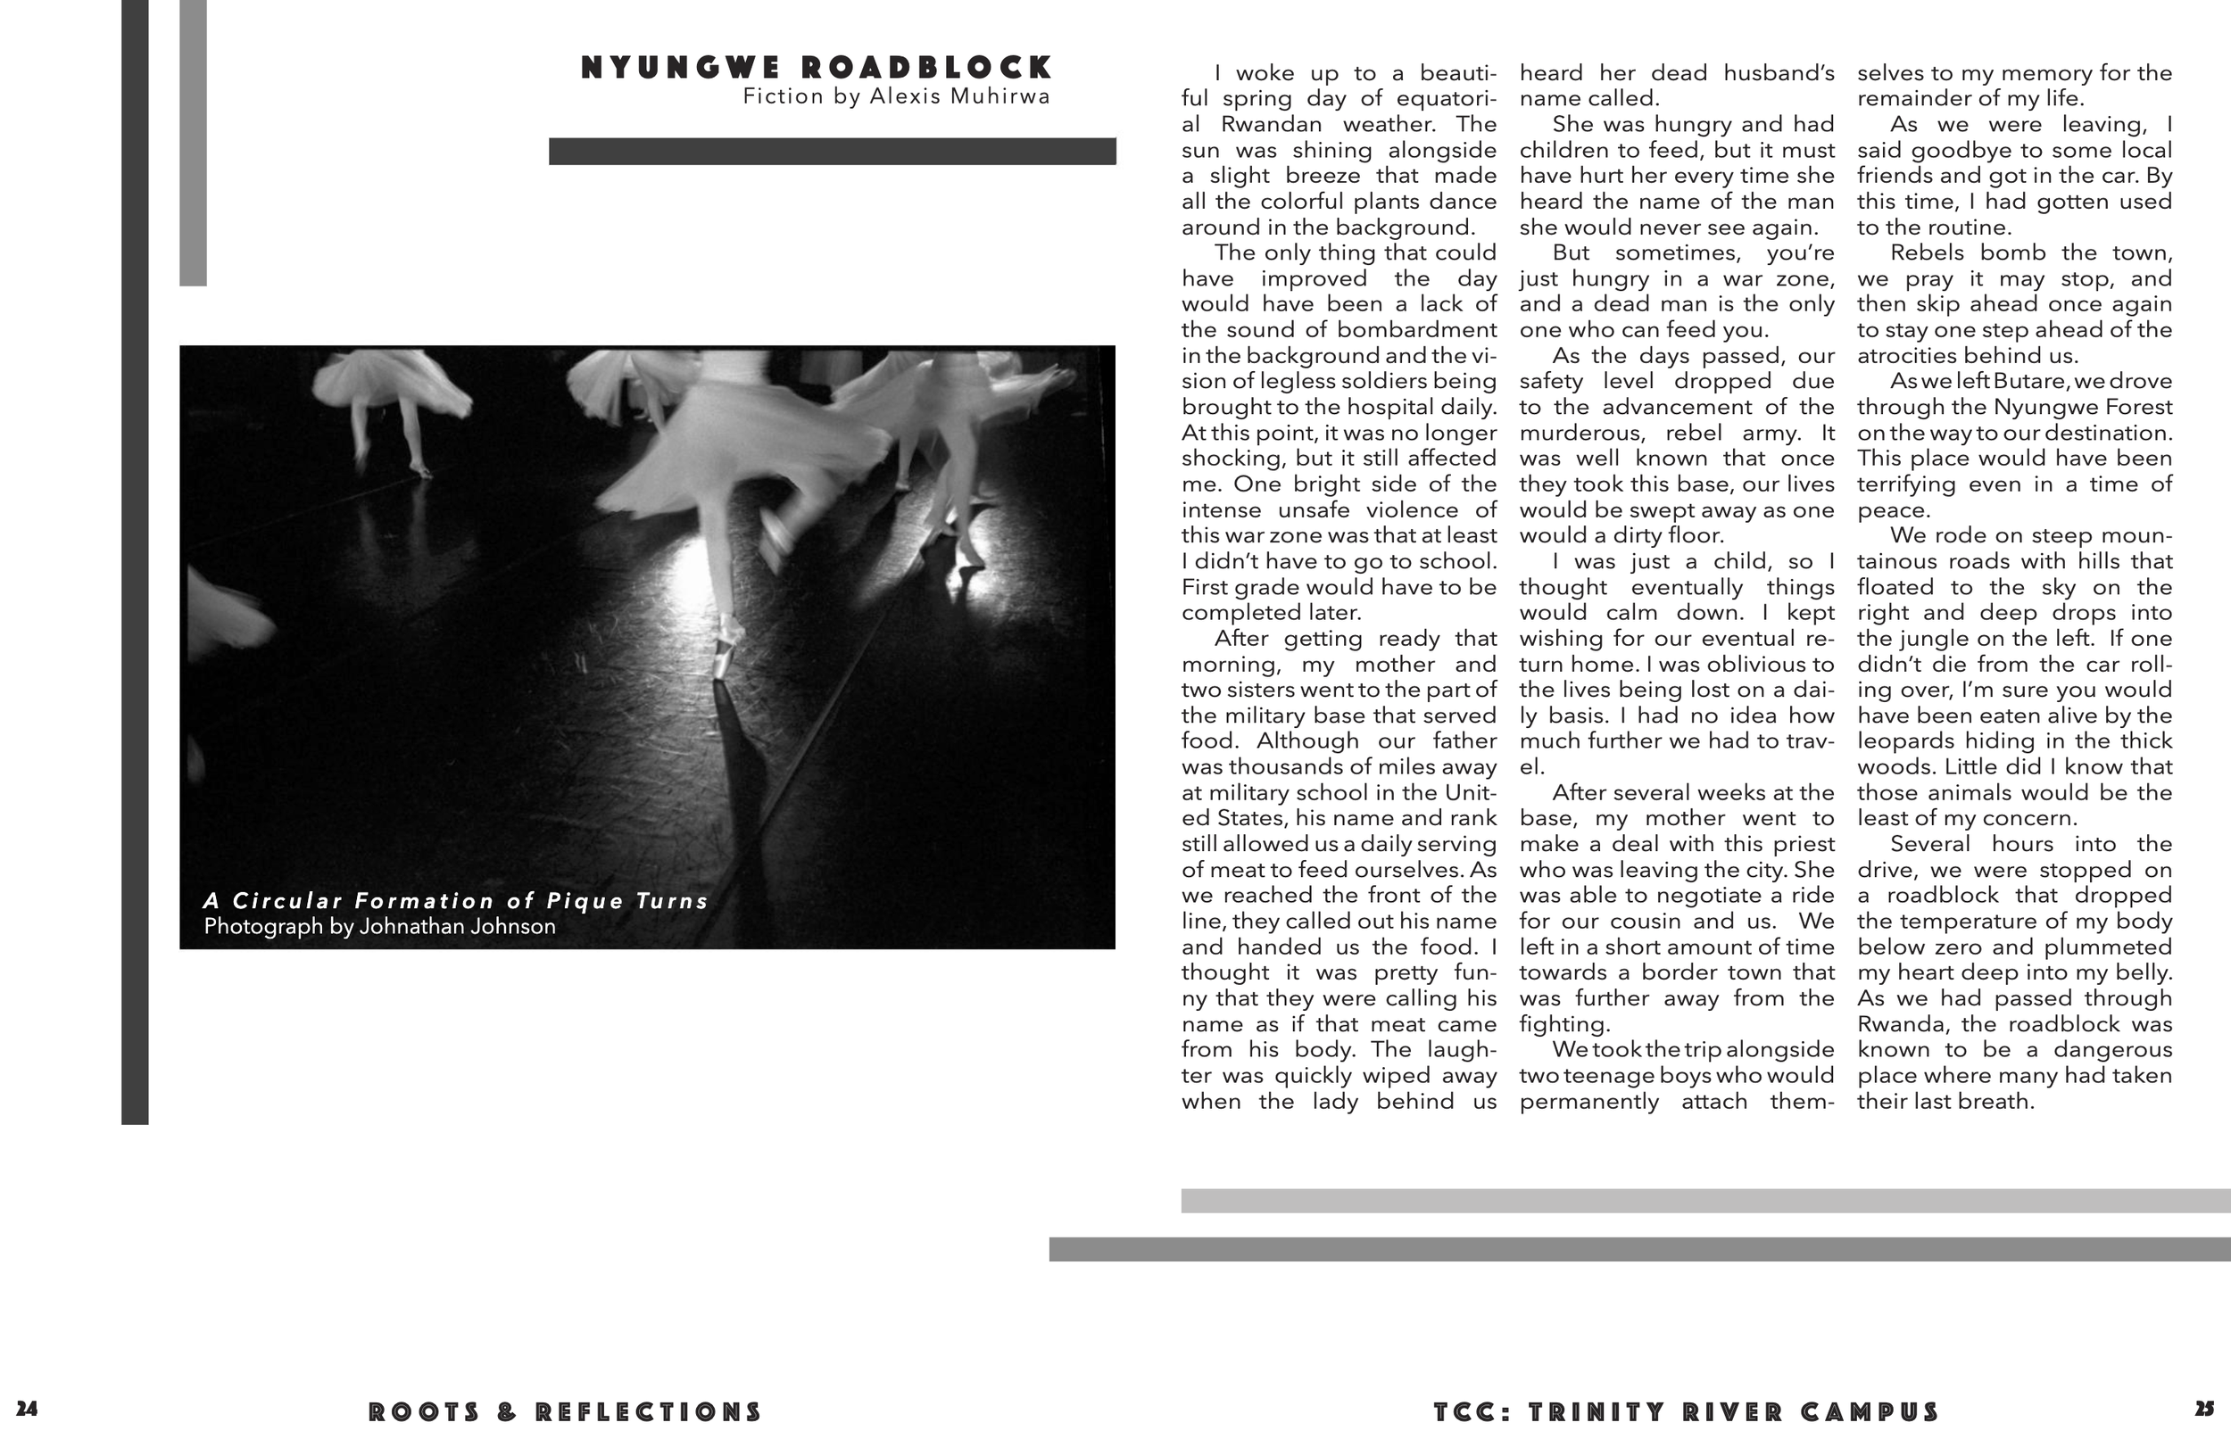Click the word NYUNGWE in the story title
click(x=680, y=68)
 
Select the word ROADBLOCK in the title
click(x=927, y=68)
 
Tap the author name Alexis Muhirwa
click(x=960, y=96)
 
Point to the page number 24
click(x=27, y=1409)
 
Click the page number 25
click(x=2204, y=1409)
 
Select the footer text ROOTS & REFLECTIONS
click(x=566, y=1412)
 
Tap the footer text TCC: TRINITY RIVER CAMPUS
click(x=1686, y=1412)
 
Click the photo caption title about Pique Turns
click(x=456, y=901)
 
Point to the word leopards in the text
click(x=1903, y=741)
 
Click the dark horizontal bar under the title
click(x=832, y=152)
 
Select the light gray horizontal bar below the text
click(x=1704, y=1201)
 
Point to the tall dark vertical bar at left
click(x=135, y=560)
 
